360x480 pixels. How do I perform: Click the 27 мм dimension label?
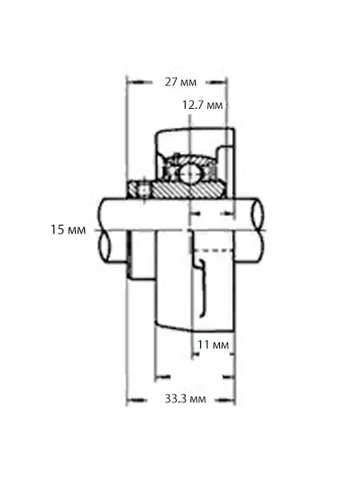tap(181, 82)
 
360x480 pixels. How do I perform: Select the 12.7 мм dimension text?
tap(202, 105)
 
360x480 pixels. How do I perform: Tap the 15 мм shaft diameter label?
tap(68, 230)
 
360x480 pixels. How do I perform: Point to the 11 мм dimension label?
tap(213, 345)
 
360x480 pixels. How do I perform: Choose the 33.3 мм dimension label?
tap(186, 398)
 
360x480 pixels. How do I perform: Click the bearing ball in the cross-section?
tap(190, 174)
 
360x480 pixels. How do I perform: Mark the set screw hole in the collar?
tap(143, 190)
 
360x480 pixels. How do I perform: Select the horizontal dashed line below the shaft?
tap(212, 250)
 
